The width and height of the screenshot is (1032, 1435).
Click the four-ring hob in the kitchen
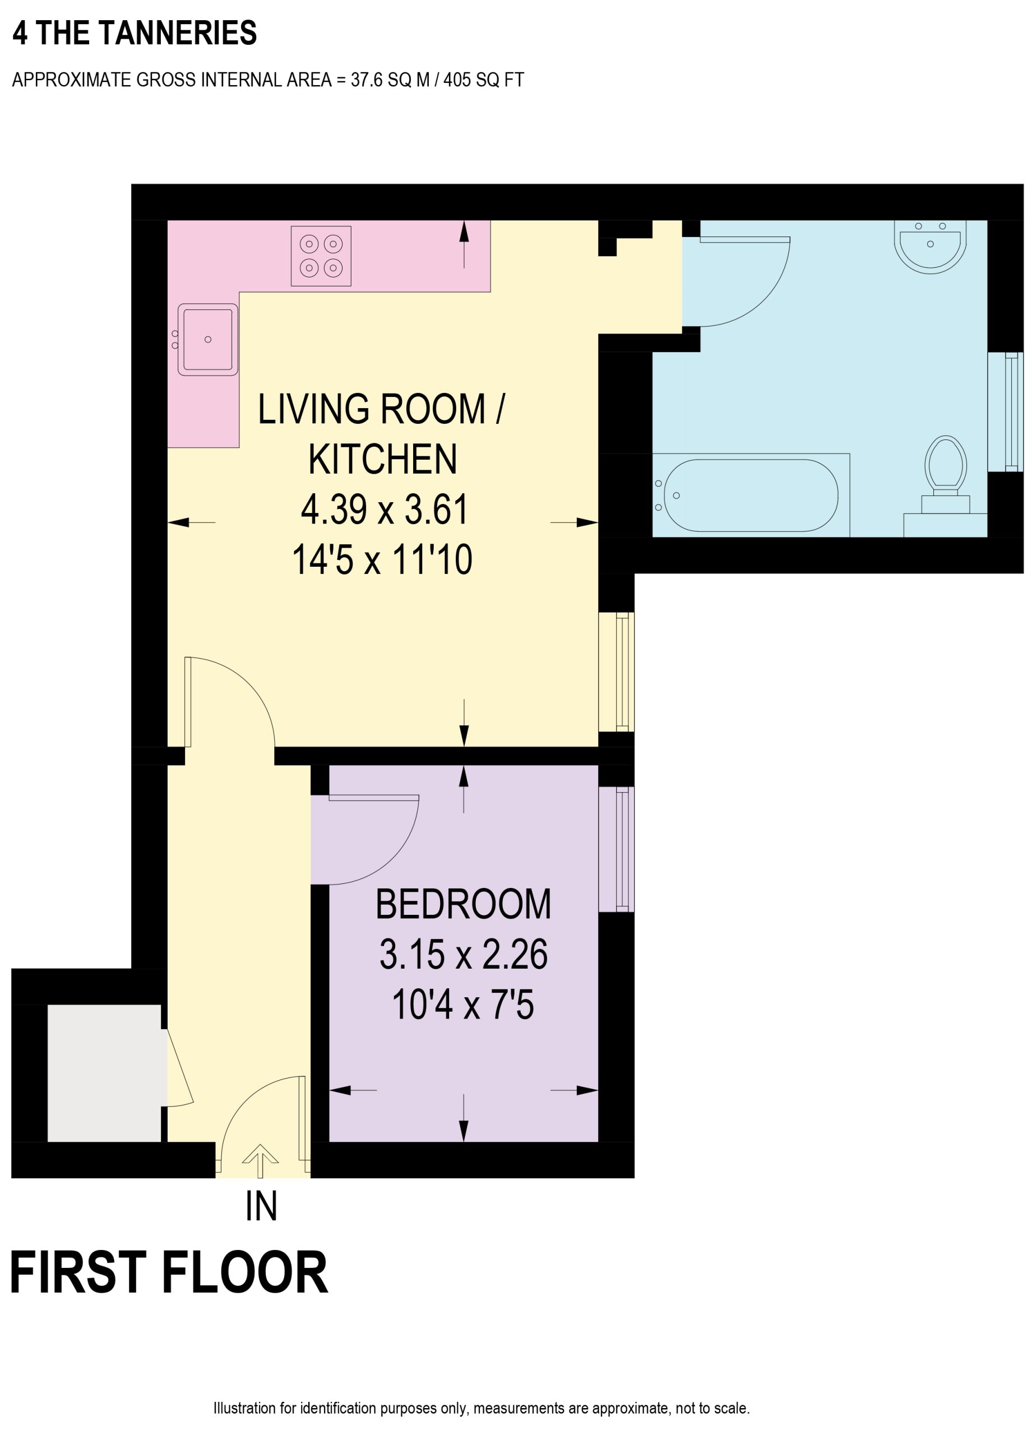(321, 256)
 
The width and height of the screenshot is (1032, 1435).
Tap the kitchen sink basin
(207, 339)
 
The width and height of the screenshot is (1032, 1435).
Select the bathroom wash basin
(930, 247)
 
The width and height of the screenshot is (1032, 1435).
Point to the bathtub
(751, 496)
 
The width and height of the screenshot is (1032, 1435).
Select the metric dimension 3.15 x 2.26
(463, 954)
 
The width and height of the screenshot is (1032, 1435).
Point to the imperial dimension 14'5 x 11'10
(382, 560)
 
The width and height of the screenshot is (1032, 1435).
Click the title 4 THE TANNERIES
(135, 33)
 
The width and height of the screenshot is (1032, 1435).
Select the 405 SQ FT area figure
(483, 80)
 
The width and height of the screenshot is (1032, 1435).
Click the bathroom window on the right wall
(1006, 412)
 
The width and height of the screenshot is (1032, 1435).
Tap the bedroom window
(616, 849)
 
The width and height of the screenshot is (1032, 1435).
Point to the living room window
(616, 672)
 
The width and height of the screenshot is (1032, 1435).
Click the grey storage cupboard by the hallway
(104, 1073)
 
